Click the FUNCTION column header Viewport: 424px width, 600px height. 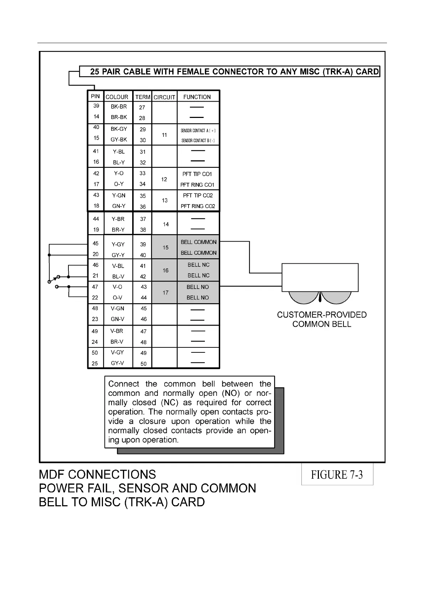(197, 97)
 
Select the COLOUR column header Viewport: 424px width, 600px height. (117, 97)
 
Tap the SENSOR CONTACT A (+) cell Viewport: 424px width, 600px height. (198, 131)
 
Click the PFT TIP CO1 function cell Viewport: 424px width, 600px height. (197, 174)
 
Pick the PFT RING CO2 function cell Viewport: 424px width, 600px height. (198, 206)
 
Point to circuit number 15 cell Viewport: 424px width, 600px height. (165, 247)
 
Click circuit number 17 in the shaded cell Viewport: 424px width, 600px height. (165, 293)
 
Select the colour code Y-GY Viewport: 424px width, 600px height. (118, 244)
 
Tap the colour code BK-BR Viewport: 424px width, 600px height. (119, 107)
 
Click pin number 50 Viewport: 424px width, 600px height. (95, 353)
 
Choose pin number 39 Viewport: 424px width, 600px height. (96, 106)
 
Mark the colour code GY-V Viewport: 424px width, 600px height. (117, 363)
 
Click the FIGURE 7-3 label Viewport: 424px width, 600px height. (337, 475)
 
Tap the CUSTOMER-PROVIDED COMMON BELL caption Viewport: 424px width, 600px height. (322, 319)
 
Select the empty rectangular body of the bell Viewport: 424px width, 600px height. (320, 277)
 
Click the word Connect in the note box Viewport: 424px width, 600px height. (124, 384)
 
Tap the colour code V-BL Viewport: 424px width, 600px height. (118, 266)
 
